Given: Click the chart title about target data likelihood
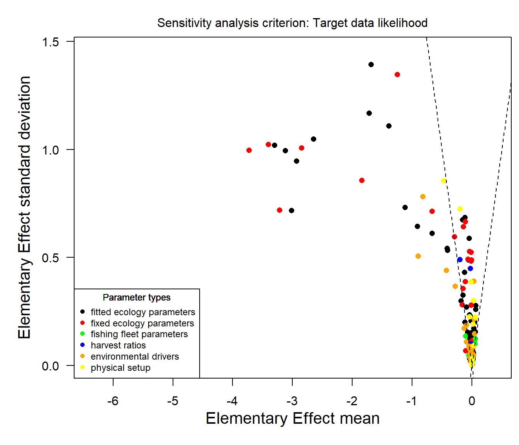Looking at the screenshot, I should [292, 23].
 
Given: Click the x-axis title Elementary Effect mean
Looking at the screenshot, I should [292, 418].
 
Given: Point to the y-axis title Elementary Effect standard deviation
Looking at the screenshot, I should [24, 207].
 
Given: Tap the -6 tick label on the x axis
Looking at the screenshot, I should [113, 401].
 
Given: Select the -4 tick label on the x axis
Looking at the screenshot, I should [232, 401].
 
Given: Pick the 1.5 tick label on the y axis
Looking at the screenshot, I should [50, 42].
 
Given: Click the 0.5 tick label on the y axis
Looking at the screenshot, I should [50, 258].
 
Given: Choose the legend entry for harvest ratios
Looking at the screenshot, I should [118, 345].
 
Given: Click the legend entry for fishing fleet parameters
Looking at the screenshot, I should [139, 334].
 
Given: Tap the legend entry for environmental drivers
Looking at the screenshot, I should [135, 357].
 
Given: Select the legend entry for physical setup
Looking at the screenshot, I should [120, 368].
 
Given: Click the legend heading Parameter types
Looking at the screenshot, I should [136, 297].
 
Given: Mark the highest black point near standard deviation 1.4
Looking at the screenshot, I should [371, 65].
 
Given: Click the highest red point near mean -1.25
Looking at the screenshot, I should [397, 75].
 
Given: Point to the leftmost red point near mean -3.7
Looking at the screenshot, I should [249, 150].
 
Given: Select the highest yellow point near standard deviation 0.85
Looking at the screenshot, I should [444, 181].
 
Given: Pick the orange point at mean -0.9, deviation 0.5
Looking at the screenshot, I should [418, 256].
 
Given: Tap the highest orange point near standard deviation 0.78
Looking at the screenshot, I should [423, 197].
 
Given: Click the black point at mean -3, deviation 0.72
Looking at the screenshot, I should [292, 211].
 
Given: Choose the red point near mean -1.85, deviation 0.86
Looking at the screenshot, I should [362, 180].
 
